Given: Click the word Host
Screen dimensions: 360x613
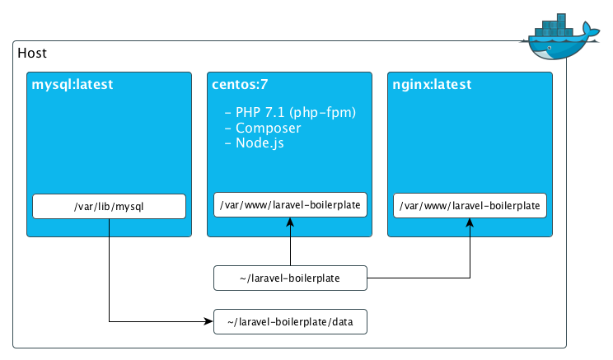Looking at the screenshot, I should coord(32,54).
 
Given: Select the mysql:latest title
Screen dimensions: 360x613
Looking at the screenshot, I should coord(72,84).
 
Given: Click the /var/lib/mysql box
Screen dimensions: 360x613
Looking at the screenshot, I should coord(109,206).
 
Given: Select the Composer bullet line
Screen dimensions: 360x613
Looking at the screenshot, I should coord(263,128).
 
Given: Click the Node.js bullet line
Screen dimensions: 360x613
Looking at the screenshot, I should coord(260,143).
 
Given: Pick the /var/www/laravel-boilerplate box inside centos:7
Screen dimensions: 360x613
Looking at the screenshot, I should coord(289,204).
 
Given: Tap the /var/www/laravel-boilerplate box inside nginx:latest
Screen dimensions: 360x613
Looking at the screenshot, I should coord(470,204).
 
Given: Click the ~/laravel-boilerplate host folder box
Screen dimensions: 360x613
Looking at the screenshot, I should coord(290,278).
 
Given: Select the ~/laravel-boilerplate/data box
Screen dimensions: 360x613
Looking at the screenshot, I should coord(290,321).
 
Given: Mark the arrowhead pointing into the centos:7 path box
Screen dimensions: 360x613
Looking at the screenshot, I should coord(289,222).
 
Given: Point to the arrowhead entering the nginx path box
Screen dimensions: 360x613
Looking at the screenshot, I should coord(470,222).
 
